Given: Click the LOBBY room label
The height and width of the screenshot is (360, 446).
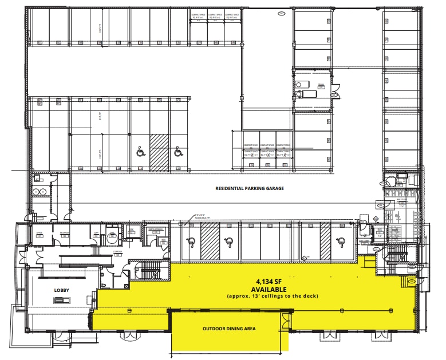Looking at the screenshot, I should coord(61,290).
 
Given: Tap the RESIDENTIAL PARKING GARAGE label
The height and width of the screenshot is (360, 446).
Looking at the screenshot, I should coord(250,188).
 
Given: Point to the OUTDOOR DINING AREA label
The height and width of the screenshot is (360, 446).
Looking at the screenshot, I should coord(228,329).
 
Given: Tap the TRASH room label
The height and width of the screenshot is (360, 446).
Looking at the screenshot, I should coord(321,85).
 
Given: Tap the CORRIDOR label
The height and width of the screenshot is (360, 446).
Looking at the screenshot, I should coord(117,252).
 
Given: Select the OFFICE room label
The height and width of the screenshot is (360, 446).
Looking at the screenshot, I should coord(40,234).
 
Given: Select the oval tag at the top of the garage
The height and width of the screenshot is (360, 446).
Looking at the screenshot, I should coord(281,13).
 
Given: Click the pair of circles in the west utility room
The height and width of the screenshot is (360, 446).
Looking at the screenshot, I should coord(40,191).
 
